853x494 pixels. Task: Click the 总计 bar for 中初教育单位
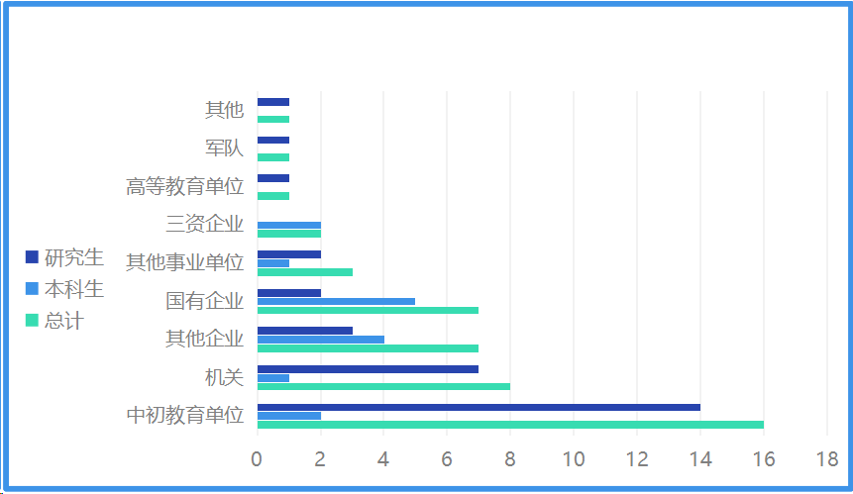(x=510, y=425)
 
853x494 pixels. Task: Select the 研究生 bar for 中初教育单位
(x=479, y=407)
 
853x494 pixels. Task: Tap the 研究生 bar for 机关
(x=368, y=369)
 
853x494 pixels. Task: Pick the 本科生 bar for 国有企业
(x=336, y=301)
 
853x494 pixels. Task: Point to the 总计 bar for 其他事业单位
(x=304, y=272)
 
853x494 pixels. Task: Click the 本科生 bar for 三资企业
(x=288, y=226)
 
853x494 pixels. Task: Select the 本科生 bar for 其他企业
(x=320, y=340)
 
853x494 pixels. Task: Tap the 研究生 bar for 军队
(x=272, y=141)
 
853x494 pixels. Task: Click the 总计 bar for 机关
(x=383, y=386)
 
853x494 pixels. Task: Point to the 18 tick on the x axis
(x=827, y=459)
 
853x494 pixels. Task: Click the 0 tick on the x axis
(x=257, y=459)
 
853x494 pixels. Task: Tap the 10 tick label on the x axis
(x=574, y=459)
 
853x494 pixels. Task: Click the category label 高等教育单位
(x=184, y=186)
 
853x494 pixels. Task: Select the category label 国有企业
(x=204, y=301)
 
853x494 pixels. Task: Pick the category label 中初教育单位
(x=184, y=416)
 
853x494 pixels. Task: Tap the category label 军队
(x=224, y=148)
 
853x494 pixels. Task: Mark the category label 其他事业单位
(x=184, y=263)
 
